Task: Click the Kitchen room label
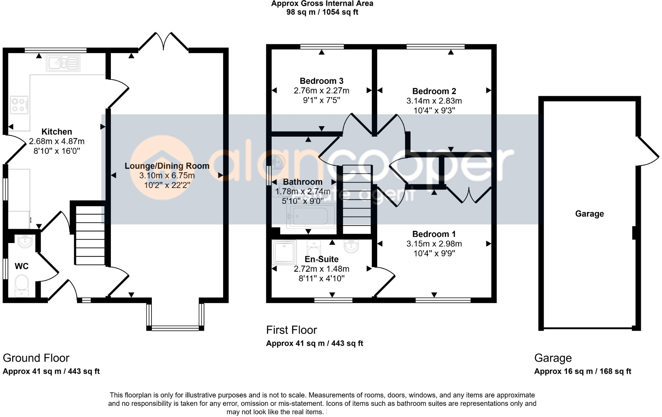[x=56, y=132]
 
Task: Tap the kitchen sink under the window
[x=63, y=63]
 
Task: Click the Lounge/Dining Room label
[x=167, y=166]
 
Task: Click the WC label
[x=22, y=266]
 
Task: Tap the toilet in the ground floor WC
[x=22, y=286]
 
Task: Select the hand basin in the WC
[x=24, y=241]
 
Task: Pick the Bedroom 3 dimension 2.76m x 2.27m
[x=321, y=91]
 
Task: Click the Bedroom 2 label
[x=434, y=91]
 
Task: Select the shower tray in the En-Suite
[x=284, y=252]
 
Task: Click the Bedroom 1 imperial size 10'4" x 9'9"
[x=434, y=253]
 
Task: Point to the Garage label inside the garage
[x=589, y=214]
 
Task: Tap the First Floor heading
[x=291, y=330]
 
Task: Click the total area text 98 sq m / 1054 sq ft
[x=322, y=12]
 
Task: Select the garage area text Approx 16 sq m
[x=563, y=371]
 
